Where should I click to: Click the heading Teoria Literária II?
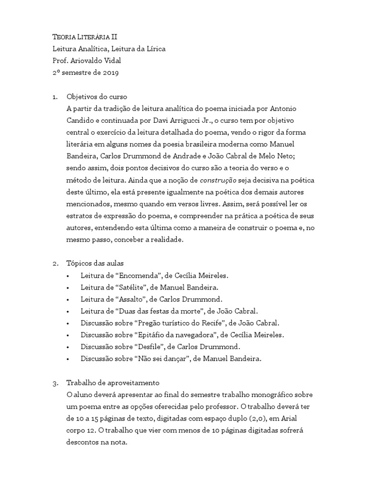coord(85,37)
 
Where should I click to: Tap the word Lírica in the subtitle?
coord(154,49)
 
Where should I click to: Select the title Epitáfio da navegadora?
coord(185,335)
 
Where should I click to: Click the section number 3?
coord(54,383)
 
